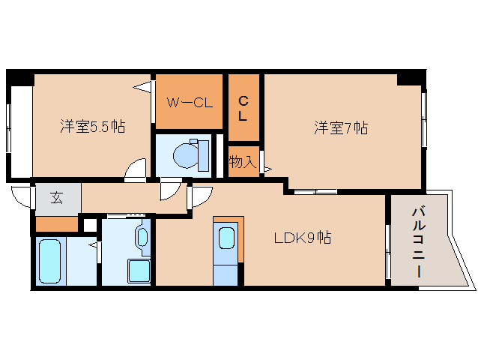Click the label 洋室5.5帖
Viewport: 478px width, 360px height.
coord(92,127)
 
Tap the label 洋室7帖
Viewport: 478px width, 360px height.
coord(340,127)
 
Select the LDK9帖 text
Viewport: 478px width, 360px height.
coord(302,238)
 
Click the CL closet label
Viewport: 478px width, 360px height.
coord(243,108)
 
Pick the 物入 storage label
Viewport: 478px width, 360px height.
coord(243,161)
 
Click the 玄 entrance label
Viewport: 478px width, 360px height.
coord(56,198)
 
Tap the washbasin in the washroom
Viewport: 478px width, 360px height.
coord(142,238)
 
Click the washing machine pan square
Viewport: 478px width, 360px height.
coord(138,271)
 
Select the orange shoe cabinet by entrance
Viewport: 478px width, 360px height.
coord(57,223)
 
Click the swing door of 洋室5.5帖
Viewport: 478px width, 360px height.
coord(136,170)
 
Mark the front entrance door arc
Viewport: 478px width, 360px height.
coord(22,196)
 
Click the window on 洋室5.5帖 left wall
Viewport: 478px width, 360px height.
coord(10,127)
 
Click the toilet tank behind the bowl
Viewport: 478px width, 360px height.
coord(199,154)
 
